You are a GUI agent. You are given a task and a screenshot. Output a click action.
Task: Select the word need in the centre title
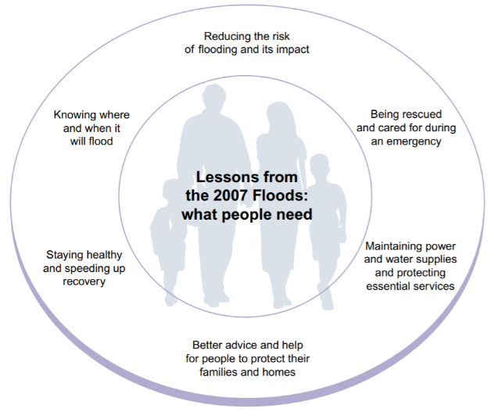293,213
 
